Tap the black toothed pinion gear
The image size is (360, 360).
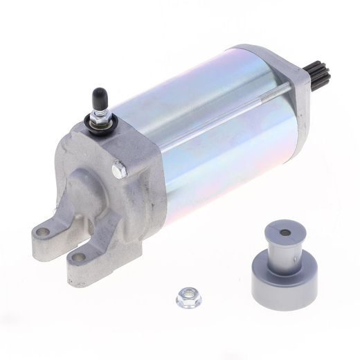[x=318, y=72]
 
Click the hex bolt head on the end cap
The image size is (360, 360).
[x=120, y=168]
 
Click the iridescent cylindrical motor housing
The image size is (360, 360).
[x=215, y=138]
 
